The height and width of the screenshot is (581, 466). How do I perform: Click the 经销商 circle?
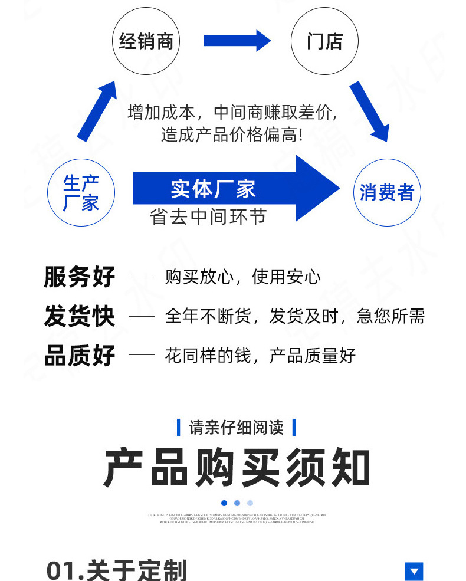coord(146,41)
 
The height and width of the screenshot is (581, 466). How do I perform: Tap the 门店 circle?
coord(324,41)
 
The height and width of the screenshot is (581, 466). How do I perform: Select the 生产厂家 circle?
coord(81,193)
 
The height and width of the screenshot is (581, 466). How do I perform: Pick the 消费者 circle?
coord(387,193)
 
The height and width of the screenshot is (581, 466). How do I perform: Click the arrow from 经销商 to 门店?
coord(237,41)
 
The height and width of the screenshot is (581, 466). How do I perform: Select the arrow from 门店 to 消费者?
coord(369,111)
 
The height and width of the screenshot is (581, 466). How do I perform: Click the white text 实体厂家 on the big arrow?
coord(213,189)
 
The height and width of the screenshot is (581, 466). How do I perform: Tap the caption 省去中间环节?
coord(208,217)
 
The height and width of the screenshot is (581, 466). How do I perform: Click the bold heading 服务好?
coord(80,277)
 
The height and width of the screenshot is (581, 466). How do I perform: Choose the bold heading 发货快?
coord(80,316)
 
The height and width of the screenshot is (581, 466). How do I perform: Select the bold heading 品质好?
coord(80,356)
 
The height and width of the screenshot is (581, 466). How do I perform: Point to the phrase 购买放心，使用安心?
coord(242,277)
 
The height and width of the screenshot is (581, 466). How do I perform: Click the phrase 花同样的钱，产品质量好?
coord(260,356)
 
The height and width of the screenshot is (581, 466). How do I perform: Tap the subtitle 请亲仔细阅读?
coord(236,427)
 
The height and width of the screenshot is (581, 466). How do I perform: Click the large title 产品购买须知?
coord(237,468)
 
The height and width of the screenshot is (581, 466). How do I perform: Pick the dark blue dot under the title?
coord(224,503)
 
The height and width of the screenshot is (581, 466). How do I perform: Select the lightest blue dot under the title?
coord(250,503)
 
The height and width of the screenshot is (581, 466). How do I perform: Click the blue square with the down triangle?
coord(414,571)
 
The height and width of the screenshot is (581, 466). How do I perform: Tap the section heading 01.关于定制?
coord(116,570)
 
